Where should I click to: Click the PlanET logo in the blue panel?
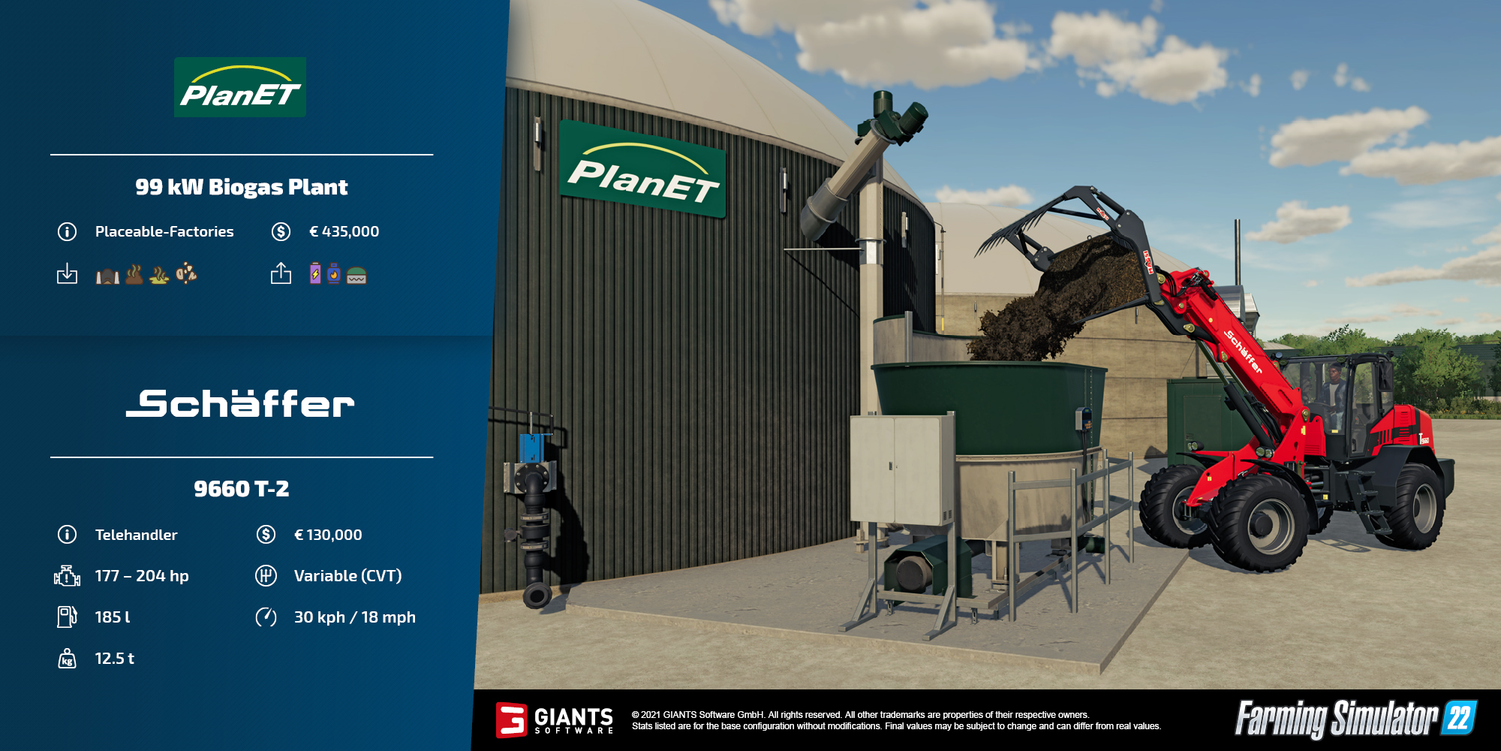[240, 87]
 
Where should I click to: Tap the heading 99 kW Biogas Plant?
[242, 187]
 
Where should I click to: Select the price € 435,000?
[344, 231]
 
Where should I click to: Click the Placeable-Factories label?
[164, 231]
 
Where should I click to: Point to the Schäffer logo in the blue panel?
[240, 403]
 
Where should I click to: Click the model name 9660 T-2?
[242, 489]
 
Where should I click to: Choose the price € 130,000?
[328, 535]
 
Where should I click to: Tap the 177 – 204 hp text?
[142, 576]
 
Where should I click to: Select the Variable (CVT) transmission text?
[348, 576]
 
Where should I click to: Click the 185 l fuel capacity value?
[113, 617]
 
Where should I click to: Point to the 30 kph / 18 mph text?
[355, 617]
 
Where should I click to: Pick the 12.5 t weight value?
[115, 659]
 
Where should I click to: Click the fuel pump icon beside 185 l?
[67, 617]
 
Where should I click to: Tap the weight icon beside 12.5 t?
[67, 659]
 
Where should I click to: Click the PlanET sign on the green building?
[643, 170]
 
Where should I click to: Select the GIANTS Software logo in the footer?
[555, 720]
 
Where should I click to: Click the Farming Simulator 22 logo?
[1355, 719]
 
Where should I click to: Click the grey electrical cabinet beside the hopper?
[901, 469]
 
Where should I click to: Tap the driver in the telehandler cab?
[1334, 391]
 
